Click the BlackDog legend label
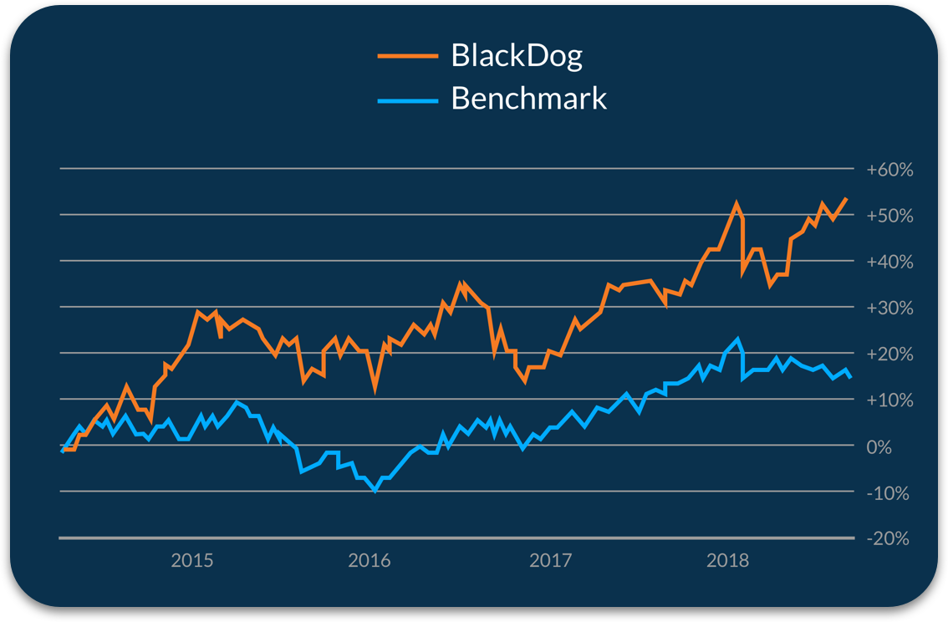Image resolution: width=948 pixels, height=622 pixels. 516,56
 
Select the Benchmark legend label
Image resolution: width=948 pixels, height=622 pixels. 528,99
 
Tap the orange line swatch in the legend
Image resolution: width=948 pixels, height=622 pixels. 407,56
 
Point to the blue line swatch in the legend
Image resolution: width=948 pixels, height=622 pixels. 407,100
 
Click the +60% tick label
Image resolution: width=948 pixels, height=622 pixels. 889,170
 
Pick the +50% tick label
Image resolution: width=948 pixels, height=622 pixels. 889,216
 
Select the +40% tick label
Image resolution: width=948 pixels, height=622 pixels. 889,262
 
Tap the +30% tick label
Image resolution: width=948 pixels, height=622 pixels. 889,308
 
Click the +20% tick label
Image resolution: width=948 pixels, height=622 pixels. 889,354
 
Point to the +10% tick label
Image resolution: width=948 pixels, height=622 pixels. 889,400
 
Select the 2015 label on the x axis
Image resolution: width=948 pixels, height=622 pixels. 191,560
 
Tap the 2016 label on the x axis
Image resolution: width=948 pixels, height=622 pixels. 369,560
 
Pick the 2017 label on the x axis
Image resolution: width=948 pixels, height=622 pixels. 550,560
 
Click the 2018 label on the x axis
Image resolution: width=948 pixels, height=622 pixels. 727,560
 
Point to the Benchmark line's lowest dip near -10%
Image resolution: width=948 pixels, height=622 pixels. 375,490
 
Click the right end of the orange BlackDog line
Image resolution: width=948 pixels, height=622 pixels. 847,198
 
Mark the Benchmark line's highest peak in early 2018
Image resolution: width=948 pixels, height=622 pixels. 737,339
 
